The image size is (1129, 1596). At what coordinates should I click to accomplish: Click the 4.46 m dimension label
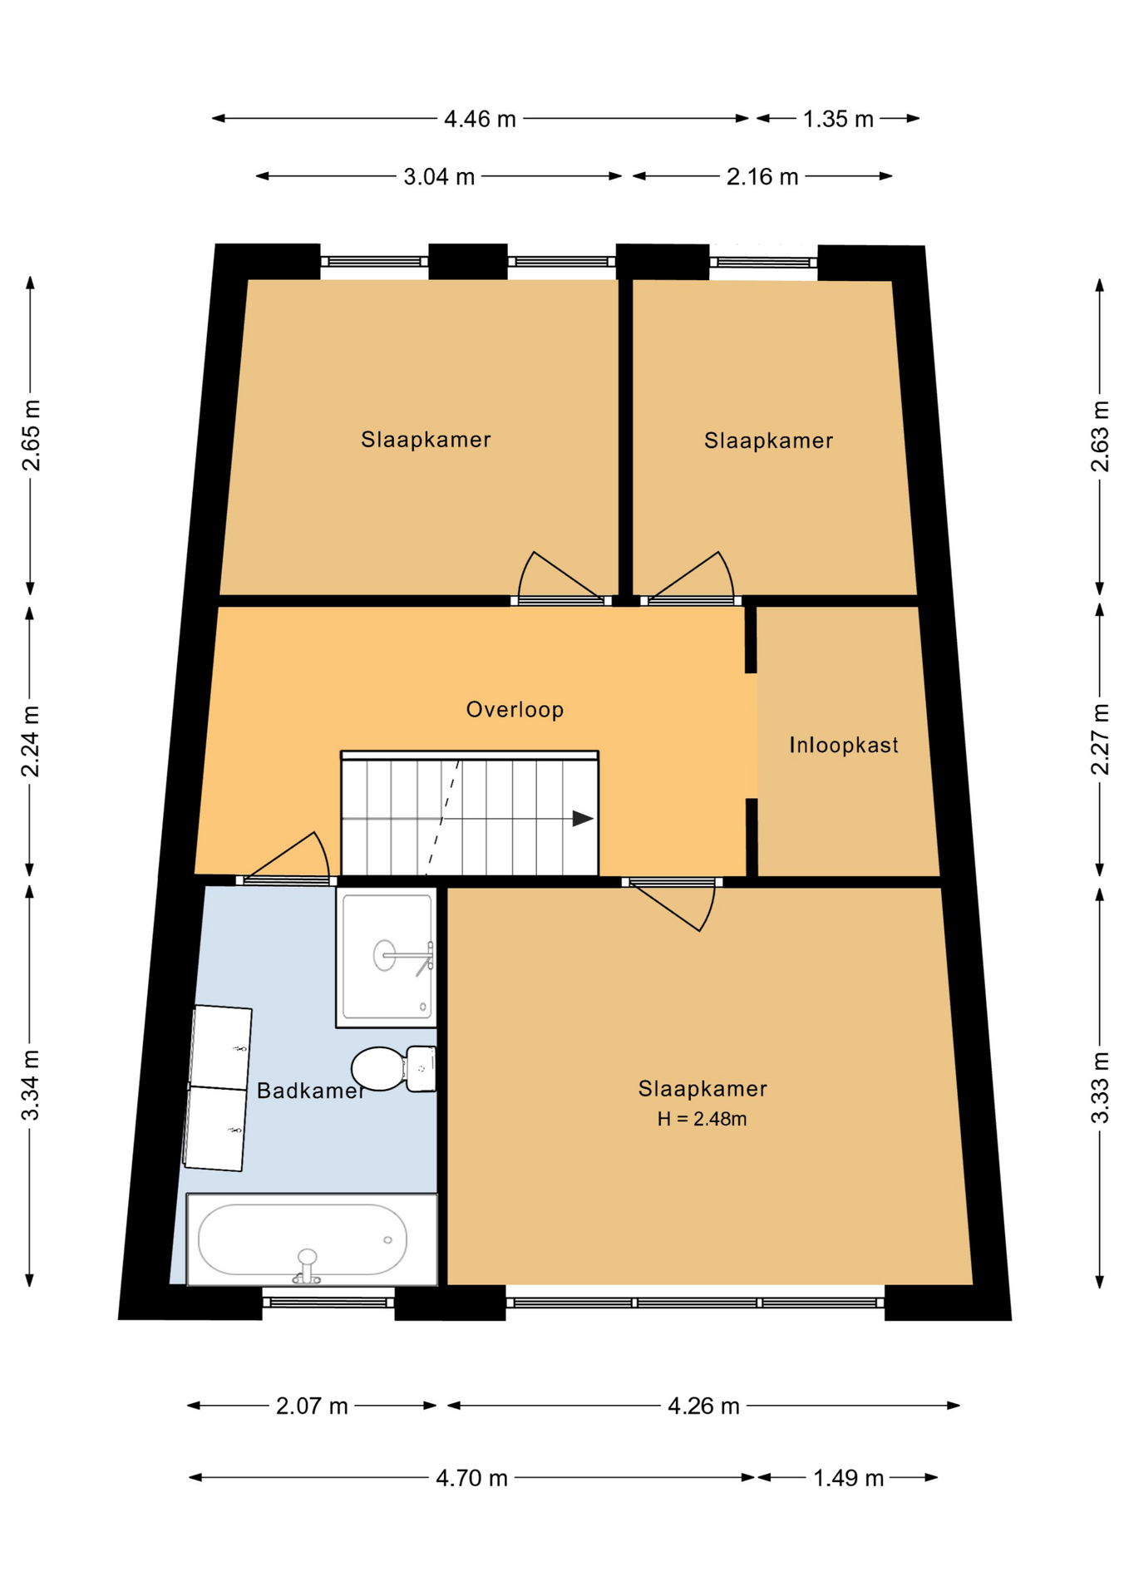point(480,120)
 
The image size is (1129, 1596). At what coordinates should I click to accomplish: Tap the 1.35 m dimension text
point(838,120)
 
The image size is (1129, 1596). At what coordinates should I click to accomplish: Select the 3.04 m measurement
point(439,177)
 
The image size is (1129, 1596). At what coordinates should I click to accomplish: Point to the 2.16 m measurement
point(762,177)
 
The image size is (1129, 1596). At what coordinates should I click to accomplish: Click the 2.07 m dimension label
point(312,1406)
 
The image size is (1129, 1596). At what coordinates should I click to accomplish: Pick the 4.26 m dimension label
point(703,1406)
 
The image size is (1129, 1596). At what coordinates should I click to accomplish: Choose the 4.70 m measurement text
point(471,1478)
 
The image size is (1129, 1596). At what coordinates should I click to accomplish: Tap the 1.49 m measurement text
point(848,1478)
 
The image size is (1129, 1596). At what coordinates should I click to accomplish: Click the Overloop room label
point(515,709)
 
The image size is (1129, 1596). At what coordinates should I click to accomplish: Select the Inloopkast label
point(844,745)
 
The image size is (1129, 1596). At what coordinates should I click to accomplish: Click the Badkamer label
point(311,1091)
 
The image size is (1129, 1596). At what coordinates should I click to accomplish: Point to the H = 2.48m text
point(702,1119)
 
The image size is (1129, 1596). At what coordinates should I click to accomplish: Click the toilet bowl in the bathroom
point(379,1068)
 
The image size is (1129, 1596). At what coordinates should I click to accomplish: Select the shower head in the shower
point(384,955)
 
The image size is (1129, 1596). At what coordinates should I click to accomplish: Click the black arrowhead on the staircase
point(583,819)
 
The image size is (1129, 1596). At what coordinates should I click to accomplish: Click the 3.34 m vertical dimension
point(31,1085)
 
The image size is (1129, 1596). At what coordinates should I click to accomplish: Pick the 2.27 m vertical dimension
point(1100,739)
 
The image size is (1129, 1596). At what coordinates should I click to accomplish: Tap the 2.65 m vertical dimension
point(31,436)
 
